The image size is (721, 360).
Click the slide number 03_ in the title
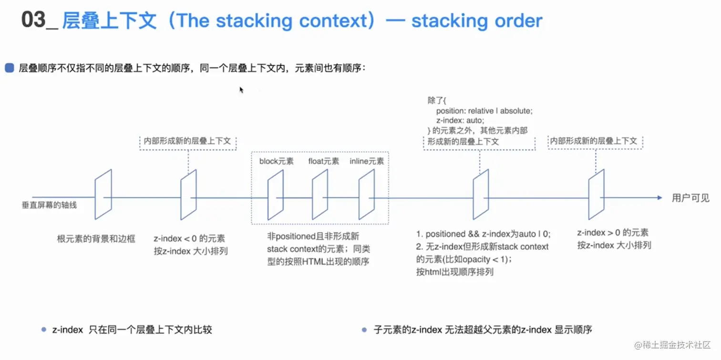tap(39, 21)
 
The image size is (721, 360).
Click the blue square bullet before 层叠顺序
tap(10, 68)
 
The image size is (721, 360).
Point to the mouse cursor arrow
tap(241, 89)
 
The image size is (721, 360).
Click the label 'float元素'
tap(324, 161)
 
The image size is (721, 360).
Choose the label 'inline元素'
tap(367, 161)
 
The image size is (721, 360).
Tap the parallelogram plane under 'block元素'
tap(276, 195)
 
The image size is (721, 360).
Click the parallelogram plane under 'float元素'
tap(320, 195)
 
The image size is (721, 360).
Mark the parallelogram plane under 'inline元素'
tap(367, 195)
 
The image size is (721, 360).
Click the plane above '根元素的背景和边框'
tap(103, 195)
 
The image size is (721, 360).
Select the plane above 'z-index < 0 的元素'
tap(188, 195)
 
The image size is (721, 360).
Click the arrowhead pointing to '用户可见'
tap(659, 197)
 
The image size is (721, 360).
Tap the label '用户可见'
tap(690, 198)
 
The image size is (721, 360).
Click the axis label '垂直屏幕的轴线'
tap(49, 205)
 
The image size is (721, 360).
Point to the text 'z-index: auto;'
tap(460, 121)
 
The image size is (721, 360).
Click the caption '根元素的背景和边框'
tap(96, 238)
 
